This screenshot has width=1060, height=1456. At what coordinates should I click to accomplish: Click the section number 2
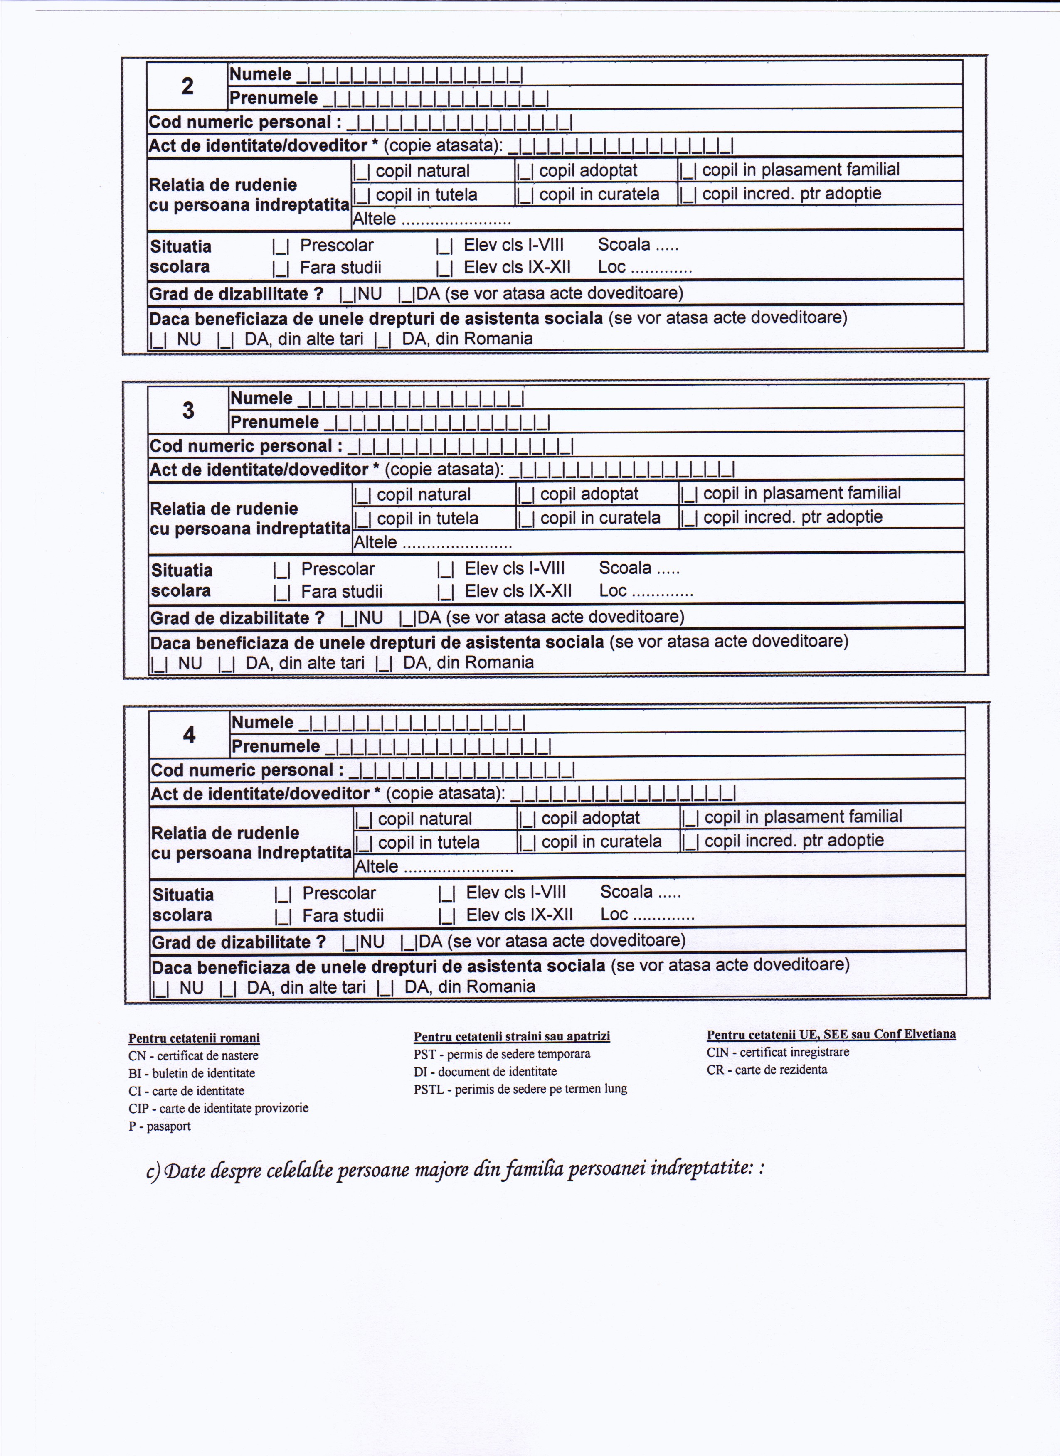[187, 86]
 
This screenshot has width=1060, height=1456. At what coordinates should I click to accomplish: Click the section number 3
[188, 410]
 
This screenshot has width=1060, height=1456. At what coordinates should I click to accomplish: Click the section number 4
[190, 734]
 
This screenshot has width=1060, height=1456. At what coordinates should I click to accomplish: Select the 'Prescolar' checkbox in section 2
[281, 246]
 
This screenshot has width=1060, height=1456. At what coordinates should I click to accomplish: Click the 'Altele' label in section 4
[376, 867]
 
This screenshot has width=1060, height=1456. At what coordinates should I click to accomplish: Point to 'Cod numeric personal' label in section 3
[242, 446]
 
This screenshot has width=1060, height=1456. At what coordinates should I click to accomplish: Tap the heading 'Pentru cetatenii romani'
[194, 1038]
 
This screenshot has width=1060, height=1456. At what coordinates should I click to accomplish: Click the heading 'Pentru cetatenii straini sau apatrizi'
[512, 1036]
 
